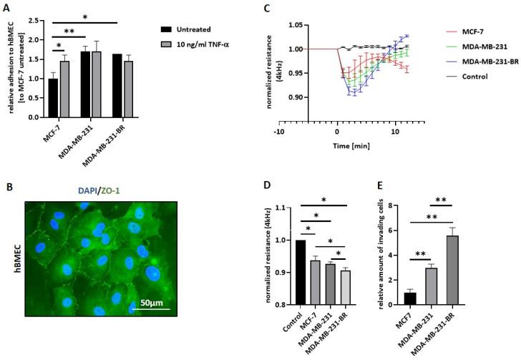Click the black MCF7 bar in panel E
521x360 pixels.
409,298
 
